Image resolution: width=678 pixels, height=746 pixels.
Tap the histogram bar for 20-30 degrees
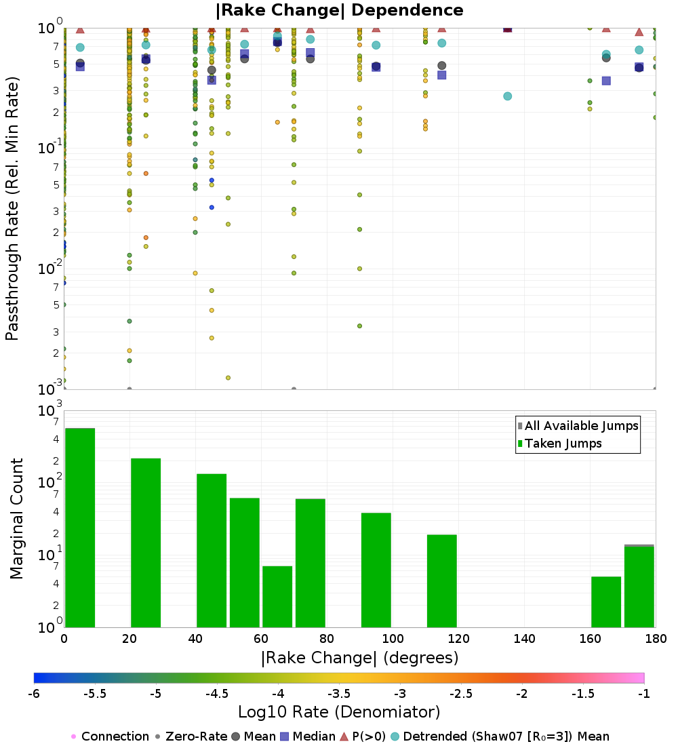[146, 543]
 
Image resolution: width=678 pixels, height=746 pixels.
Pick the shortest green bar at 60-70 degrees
[277, 597]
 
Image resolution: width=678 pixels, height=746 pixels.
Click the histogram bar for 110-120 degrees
[442, 581]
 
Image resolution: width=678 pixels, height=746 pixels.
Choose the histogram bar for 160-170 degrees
[606, 602]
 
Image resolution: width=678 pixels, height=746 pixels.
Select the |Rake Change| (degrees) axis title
[359, 658]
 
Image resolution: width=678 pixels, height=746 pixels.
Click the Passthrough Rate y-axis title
[12, 208]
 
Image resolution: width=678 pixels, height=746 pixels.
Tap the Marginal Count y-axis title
[16, 519]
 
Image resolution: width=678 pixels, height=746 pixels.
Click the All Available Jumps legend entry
[578, 426]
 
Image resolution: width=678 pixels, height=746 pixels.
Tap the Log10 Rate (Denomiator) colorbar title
[339, 712]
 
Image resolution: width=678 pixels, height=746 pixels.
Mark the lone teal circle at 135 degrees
[507, 96]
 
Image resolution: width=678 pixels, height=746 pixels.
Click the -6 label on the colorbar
[34, 694]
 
